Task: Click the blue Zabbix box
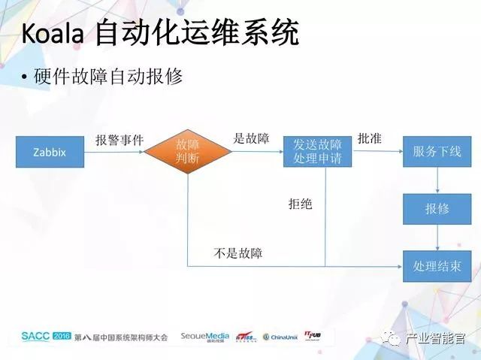pyautogui.click(x=49, y=152)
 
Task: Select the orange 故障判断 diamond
pyautogui.click(x=187, y=151)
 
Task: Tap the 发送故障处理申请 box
pyautogui.click(x=317, y=152)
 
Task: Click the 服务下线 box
pyautogui.click(x=437, y=152)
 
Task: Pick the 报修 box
pyautogui.click(x=437, y=209)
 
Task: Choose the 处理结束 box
pyautogui.click(x=437, y=266)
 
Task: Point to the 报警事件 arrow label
pyautogui.click(x=119, y=140)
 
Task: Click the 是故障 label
pyautogui.click(x=252, y=138)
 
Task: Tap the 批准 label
pyautogui.click(x=371, y=138)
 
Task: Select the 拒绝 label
pyautogui.click(x=300, y=204)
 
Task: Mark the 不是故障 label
pyautogui.click(x=238, y=253)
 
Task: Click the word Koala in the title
pyautogui.click(x=53, y=34)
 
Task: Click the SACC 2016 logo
pyautogui.click(x=45, y=336)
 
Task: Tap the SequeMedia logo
pyautogui.click(x=204, y=337)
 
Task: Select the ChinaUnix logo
pyautogui.click(x=279, y=337)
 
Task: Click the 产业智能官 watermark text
pyautogui.click(x=439, y=338)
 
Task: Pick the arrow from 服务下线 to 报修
pyautogui.click(x=437, y=180)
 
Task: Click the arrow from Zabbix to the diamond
pyautogui.click(x=112, y=152)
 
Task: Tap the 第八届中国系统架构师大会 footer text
pyautogui.click(x=121, y=337)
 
